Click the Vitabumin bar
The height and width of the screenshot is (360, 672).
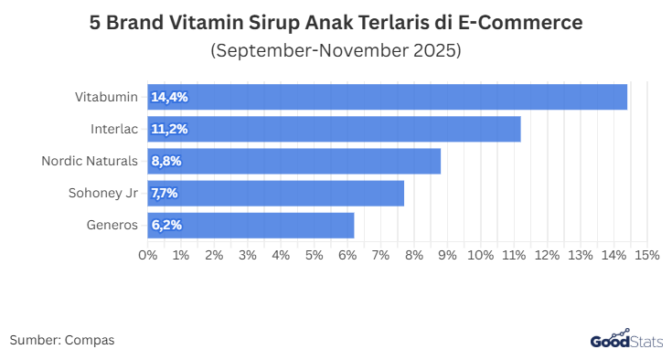coord(387,97)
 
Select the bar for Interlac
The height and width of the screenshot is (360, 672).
coord(334,129)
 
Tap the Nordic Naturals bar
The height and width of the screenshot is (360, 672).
coord(293,161)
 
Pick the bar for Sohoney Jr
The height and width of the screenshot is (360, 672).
coord(275,193)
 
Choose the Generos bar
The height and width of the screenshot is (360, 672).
coord(251,225)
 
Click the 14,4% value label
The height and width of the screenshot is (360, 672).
coord(169,97)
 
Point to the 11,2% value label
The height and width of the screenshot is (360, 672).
coord(169,129)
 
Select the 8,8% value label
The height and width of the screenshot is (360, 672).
coord(166,161)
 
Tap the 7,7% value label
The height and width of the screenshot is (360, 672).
coord(165,193)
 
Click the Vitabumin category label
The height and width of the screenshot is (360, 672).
coord(106,97)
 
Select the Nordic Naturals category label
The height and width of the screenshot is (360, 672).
coord(90,161)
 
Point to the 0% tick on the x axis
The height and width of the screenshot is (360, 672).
coord(147,254)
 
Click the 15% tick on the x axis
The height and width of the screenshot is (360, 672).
coord(646,254)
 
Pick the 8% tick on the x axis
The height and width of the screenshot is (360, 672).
coord(413,254)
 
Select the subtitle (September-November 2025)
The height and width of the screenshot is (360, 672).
coord(336,50)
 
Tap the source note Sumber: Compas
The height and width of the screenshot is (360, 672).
coord(62,340)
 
